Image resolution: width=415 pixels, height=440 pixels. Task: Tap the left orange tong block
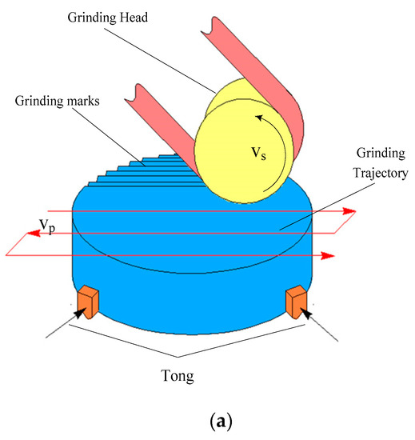pyautogui.click(x=86, y=301)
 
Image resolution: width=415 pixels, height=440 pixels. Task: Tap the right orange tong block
pyautogui.click(x=296, y=301)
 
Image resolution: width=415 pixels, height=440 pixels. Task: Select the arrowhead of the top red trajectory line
pyautogui.click(x=350, y=212)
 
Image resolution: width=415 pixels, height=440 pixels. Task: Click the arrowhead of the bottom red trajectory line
pyautogui.click(x=327, y=256)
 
